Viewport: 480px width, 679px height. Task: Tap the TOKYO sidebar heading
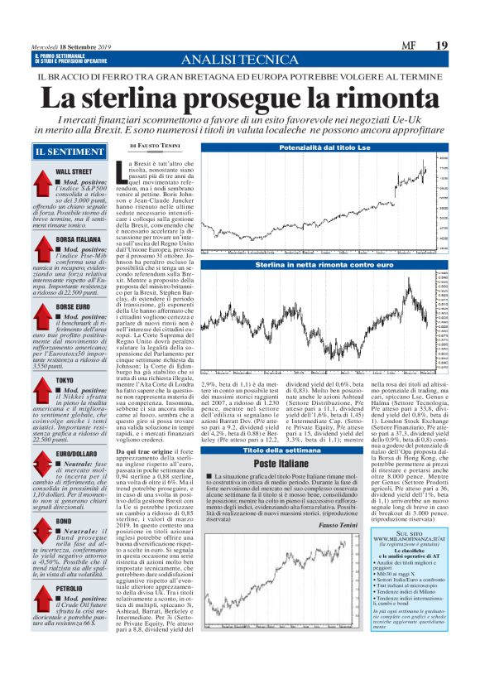point(65,380)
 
